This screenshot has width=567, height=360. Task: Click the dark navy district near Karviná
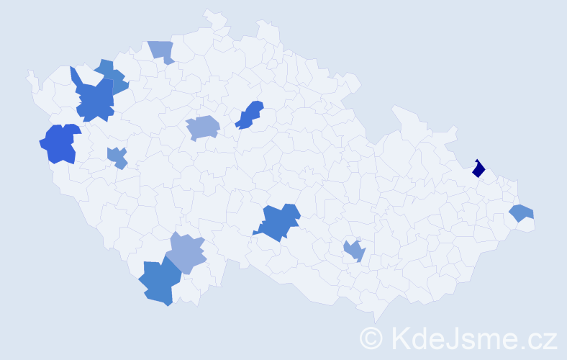[478, 169]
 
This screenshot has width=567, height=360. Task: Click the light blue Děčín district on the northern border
[163, 50]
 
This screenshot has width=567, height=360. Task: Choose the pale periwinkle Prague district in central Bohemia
[202, 128]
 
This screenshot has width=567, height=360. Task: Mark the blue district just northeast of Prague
[249, 115]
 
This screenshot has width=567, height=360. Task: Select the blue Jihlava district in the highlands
[278, 222]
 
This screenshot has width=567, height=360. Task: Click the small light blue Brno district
[354, 251]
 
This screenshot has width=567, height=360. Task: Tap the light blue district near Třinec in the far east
[521, 213]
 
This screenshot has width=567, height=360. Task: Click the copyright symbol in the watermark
[371, 338]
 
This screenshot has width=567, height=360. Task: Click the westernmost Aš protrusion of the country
[30, 74]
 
